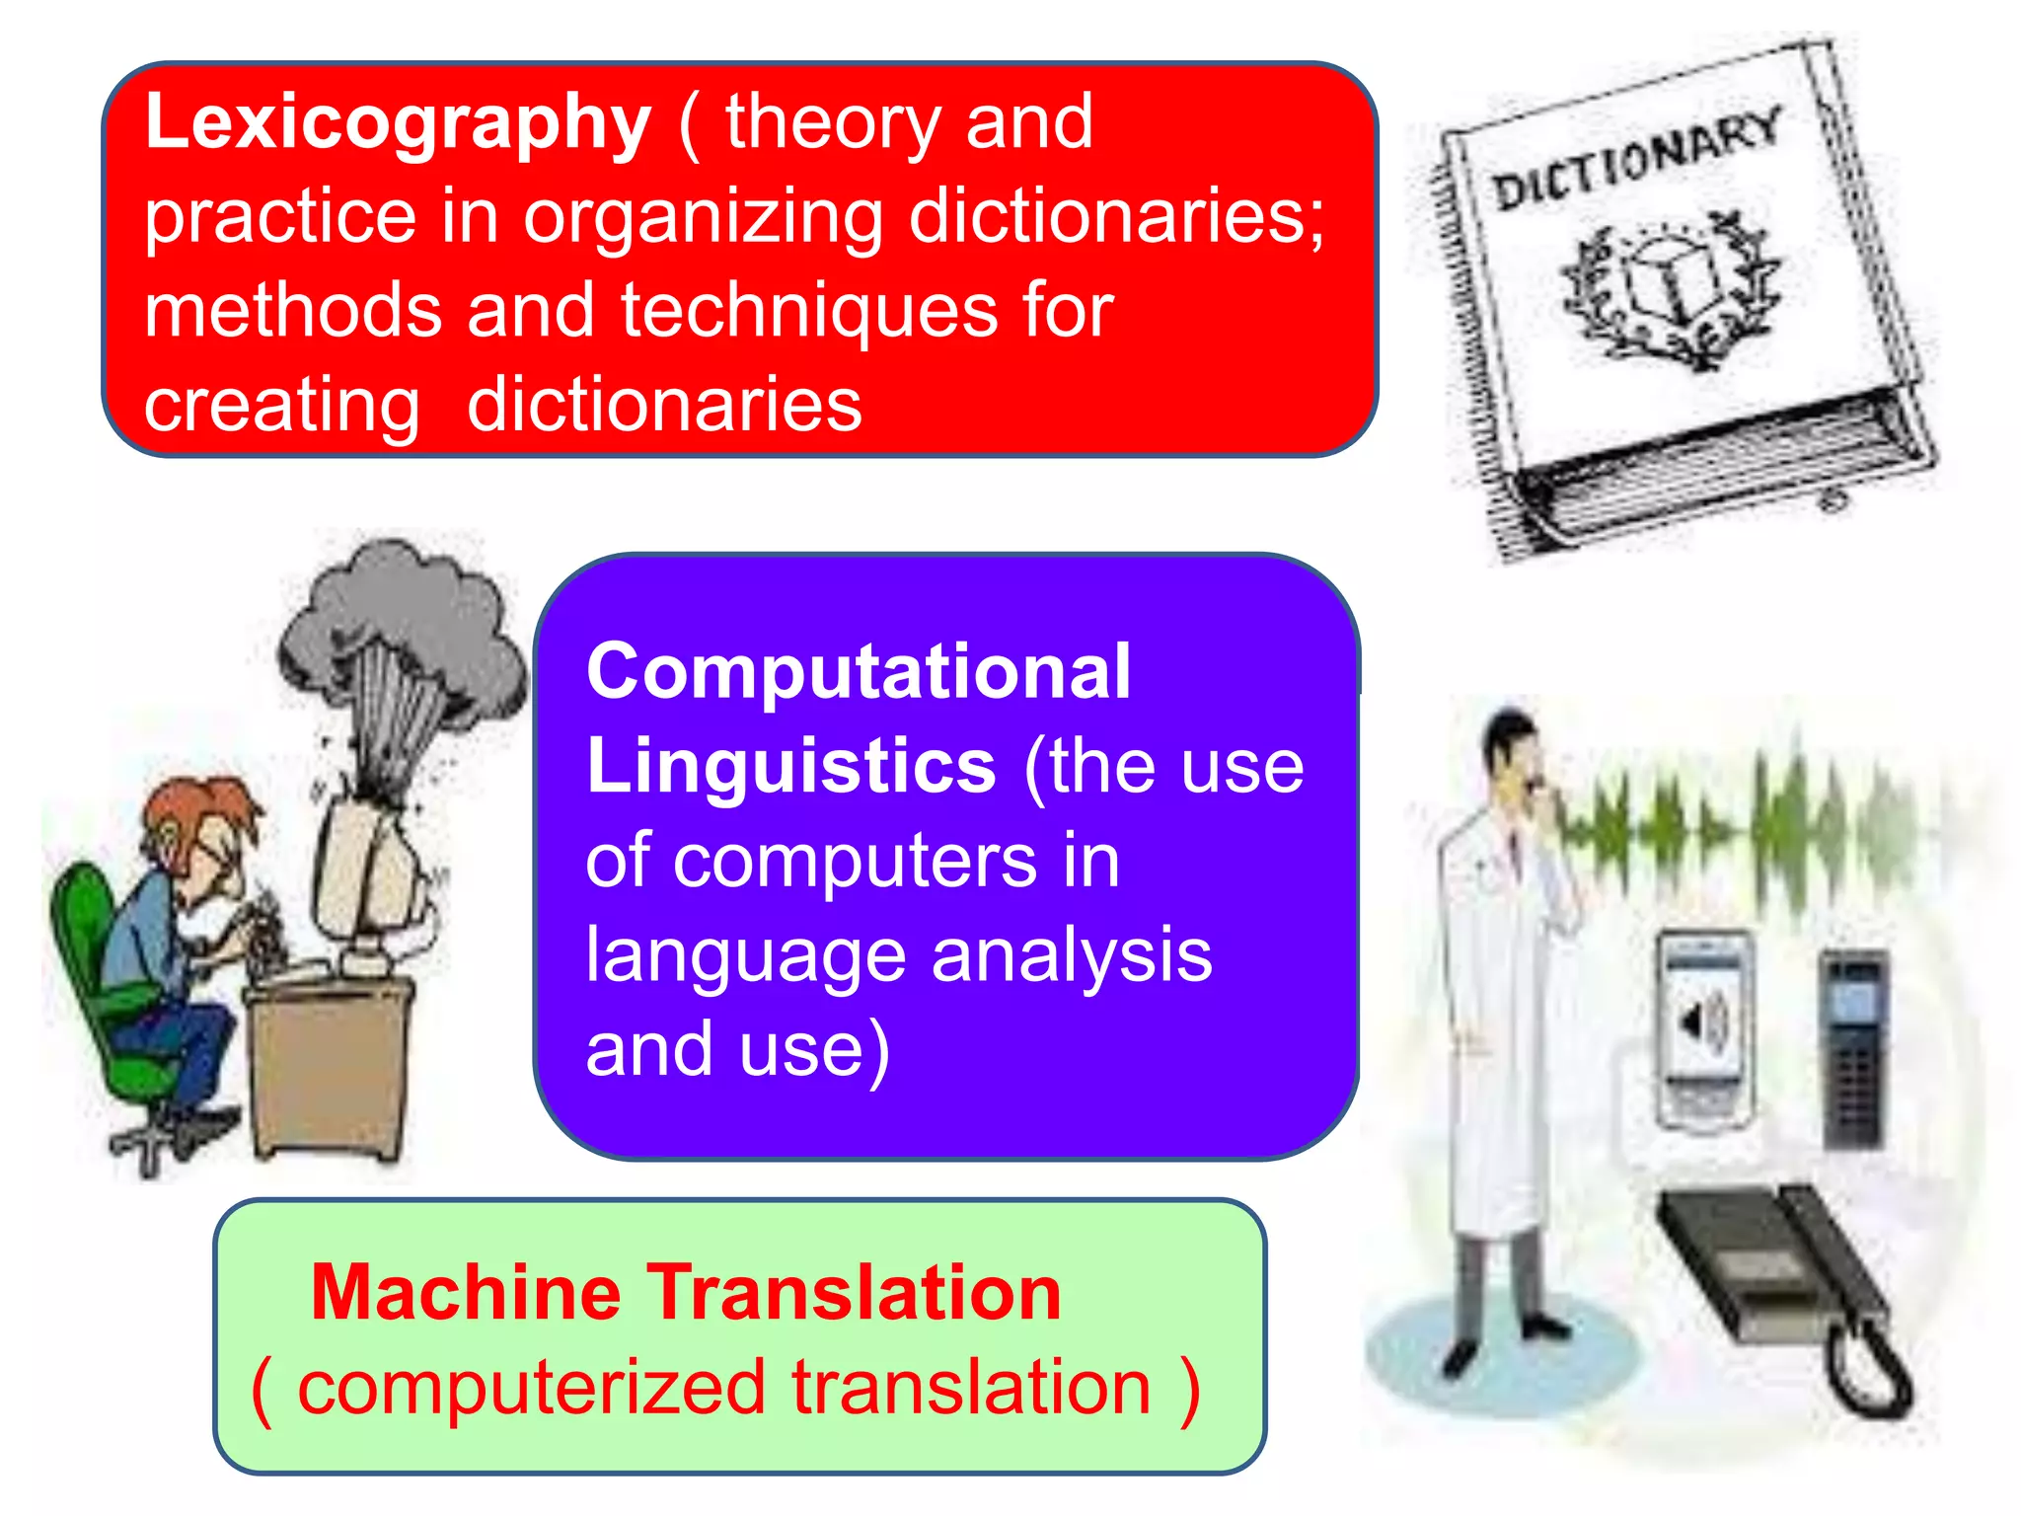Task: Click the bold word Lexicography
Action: [397, 124]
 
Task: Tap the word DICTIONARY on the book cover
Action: [1636, 160]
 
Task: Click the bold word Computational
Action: [858, 672]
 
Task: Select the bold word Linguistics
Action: [790, 767]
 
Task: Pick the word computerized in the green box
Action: [531, 1388]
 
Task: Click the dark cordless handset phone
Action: [1853, 1046]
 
